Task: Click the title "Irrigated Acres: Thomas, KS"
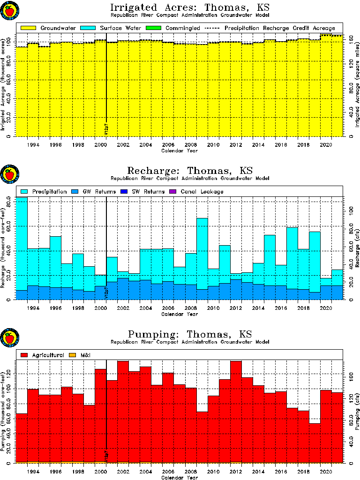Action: click(190, 8)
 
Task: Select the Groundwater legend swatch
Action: click(28, 28)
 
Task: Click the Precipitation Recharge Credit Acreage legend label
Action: click(279, 28)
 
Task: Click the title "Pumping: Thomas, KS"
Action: click(190, 334)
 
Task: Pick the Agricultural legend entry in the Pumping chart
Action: click(42, 355)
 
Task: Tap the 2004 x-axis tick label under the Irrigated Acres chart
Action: click(145, 145)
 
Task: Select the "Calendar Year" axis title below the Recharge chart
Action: click(180, 314)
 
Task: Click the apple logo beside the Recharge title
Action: click(9, 174)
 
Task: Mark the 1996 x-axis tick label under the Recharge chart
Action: click(55, 308)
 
